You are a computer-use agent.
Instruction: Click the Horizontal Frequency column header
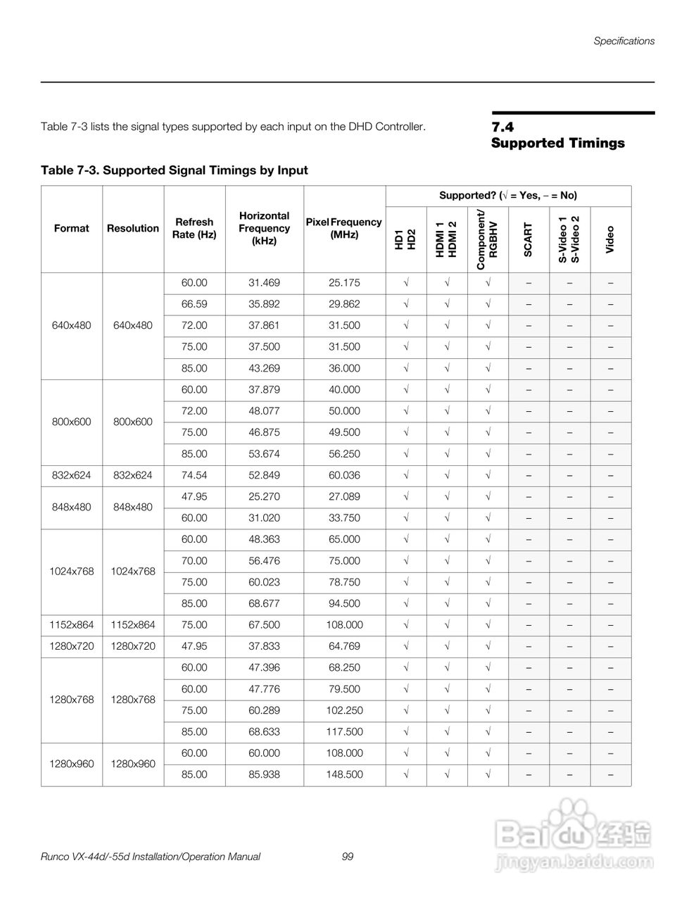(264, 228)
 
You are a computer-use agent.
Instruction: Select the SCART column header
(528, 239)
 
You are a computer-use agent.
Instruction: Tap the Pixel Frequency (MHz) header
(344, 228)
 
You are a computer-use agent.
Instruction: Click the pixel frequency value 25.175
(344, 283)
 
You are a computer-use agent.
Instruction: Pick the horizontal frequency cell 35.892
(264, 304)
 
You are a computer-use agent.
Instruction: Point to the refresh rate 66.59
(194, 304)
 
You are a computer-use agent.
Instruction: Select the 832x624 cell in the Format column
(72, 475)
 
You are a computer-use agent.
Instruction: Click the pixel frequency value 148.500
(344, 774)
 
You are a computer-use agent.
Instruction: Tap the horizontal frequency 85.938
(264, 774)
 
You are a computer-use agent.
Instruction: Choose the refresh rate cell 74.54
(194, 475)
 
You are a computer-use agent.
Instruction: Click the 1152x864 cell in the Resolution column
(133, 624)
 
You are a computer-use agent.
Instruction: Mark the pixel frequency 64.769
(344, 646)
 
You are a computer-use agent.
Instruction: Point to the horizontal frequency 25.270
(264, 496)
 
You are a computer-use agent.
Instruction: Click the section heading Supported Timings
(557, 143)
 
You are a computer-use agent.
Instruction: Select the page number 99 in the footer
(347, 857)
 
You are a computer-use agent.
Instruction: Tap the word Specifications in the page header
(624, 41)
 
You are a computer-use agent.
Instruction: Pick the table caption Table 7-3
(174, 170)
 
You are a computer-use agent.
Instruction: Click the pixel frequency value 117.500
(344, 731)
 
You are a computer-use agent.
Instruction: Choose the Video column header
(610, 239)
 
